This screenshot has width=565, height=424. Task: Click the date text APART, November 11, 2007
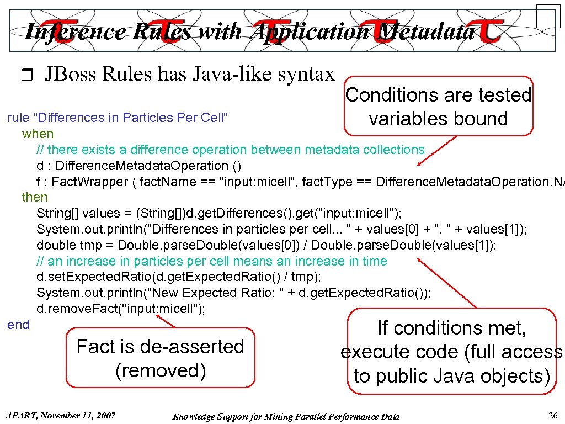click(x=60, y=415)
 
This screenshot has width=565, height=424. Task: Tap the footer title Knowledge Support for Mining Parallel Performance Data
click(x=286, y=416)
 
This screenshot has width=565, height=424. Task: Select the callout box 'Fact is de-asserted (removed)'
click(x=161, y=358)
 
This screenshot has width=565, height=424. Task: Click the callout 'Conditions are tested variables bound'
click(x=439, y=107)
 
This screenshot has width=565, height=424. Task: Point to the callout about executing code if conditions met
click(x=452, y=352)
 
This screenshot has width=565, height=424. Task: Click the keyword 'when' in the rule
click(x=38, y=134)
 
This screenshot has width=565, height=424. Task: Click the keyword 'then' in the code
click(x=35, y=197)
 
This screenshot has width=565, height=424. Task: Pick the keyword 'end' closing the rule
click(x=18, y=325)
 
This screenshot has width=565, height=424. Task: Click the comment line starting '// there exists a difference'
click(x=230, y=150)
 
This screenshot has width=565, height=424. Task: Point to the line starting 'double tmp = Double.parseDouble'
click(x=266, y=245)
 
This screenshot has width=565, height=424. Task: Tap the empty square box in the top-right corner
click(x=548, y=15)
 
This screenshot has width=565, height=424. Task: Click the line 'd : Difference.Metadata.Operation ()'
click(x=138, y=166)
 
